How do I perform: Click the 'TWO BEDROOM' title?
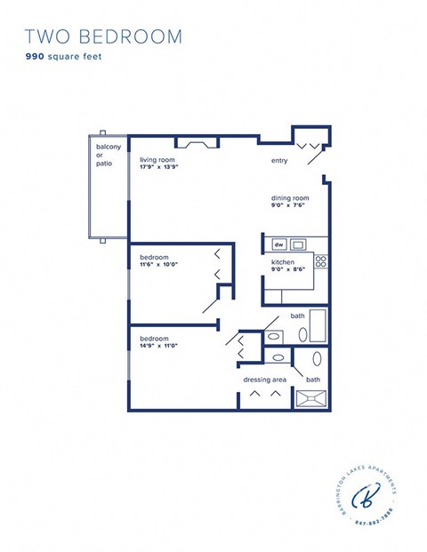click(x=103, y=36)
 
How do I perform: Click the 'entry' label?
click(x=281, y=161)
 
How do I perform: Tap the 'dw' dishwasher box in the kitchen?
click(x=278, y=244)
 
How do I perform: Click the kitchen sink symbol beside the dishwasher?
click(x=299, y=244)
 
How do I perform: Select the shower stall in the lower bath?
click(x=313, y=399)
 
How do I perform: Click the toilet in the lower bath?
click(x=278, y=357)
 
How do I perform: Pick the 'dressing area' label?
click(x=264, y=380)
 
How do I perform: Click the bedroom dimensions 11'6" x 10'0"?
click(x=159, y=264)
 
